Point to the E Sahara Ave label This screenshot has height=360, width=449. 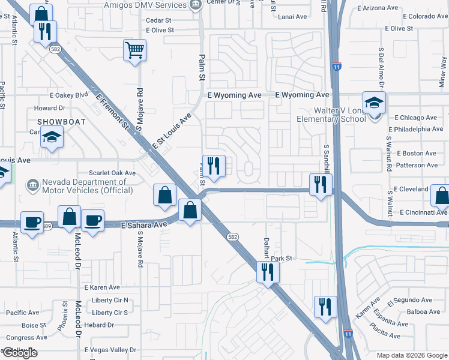pos(143,226)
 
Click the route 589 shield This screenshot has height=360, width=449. pos(47,226)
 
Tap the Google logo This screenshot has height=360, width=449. pos(20,353)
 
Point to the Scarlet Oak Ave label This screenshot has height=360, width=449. pos(112,173)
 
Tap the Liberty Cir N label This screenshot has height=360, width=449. pos(110,300)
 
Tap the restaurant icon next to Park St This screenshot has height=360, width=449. pos(265,272)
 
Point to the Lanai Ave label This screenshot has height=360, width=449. pos(293,17)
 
